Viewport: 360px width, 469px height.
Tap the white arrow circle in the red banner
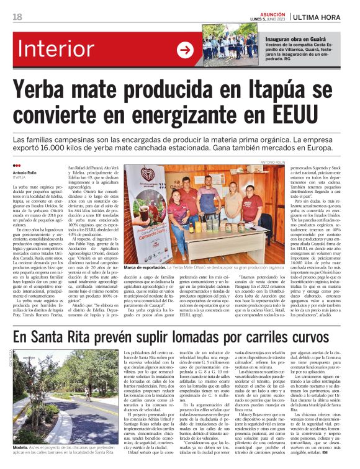pyautogui.click(x=185, y=50)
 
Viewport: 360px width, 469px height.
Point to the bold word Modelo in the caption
pyautogui.click(x=20, y=448)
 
